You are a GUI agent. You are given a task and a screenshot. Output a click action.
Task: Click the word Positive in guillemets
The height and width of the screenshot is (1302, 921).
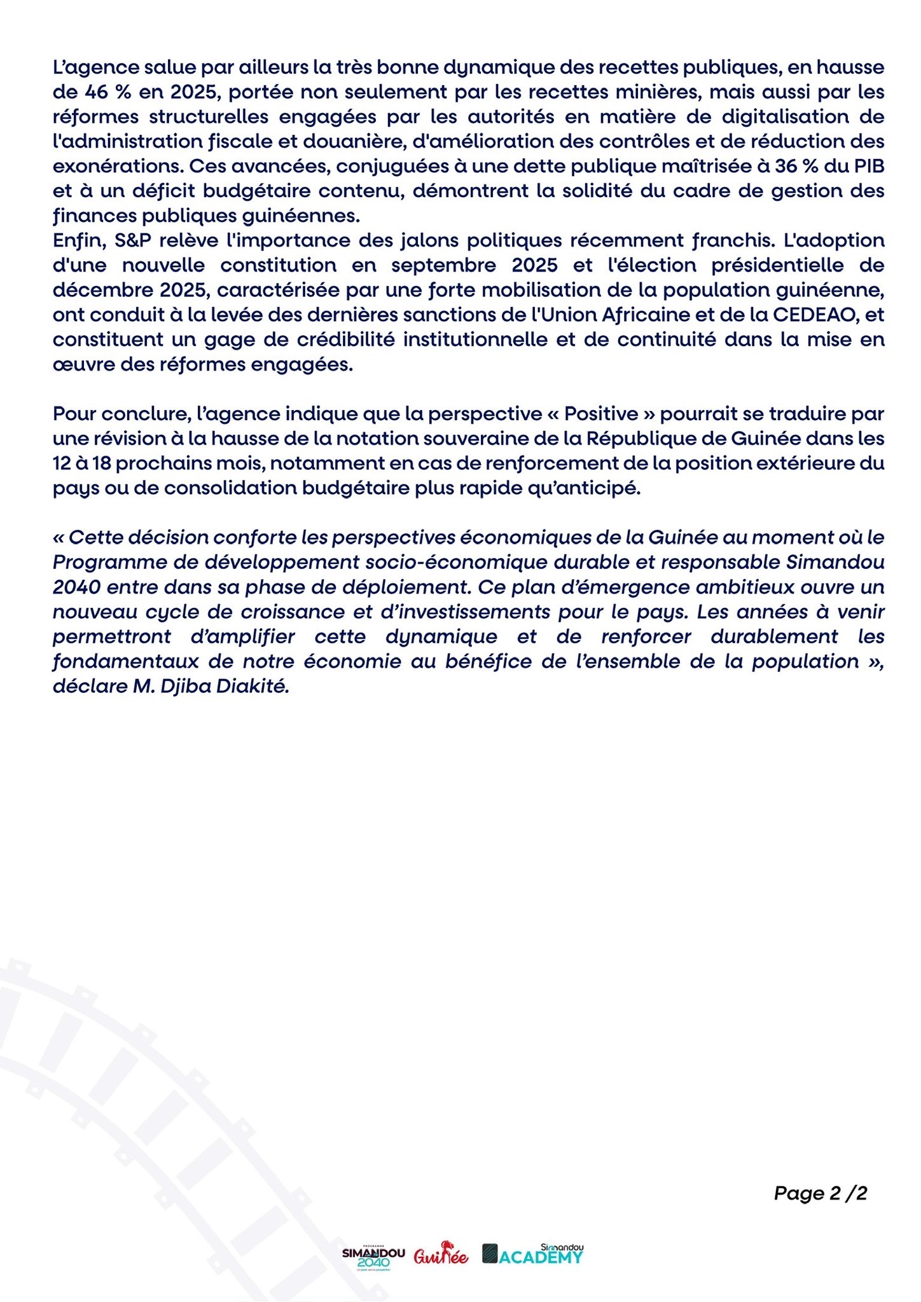(601, 414)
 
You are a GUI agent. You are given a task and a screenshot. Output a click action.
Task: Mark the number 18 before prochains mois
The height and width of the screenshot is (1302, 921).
(102, 463)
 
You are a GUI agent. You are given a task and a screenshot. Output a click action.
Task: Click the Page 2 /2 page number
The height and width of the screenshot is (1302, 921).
(821, 1193)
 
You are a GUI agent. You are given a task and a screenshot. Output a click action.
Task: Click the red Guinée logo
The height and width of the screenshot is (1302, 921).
(441, 1254)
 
